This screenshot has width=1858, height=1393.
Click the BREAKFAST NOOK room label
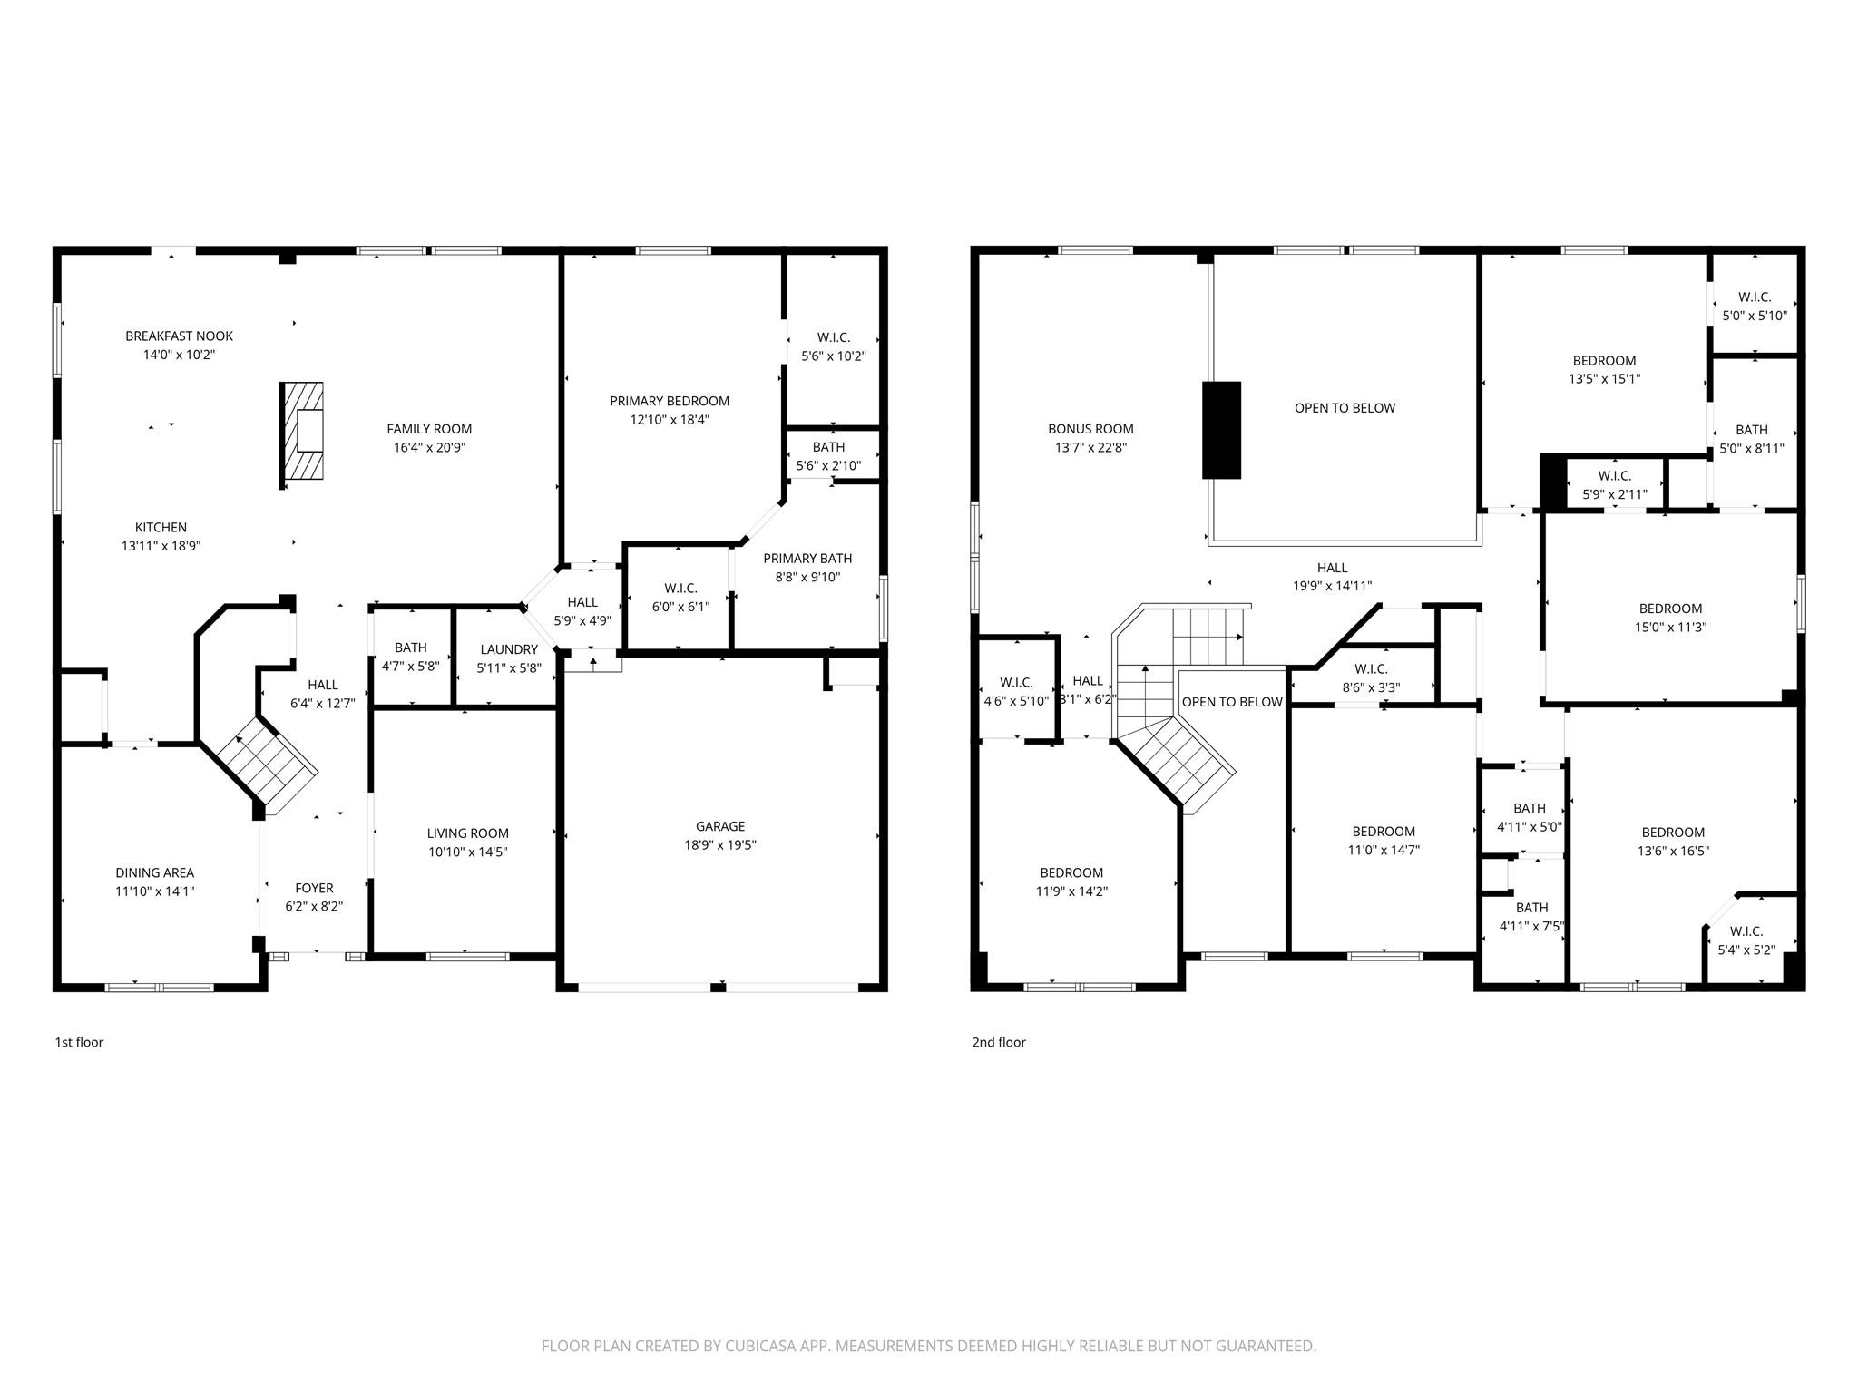point(179,336)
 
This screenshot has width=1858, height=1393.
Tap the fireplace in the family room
point(302,436)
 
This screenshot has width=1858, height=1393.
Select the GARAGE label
point(720,826)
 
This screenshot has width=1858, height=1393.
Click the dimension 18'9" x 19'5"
point(720,845)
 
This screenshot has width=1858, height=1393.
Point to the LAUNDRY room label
point(509,649)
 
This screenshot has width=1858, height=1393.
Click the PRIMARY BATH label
point(807,559)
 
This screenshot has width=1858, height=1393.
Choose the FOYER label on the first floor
point(314,888)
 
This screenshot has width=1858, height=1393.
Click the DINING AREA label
point(154,873)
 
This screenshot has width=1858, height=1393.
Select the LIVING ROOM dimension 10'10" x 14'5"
point(467,852)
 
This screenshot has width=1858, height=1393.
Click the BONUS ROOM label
point(1090,429)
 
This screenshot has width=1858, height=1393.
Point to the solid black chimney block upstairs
point(1221,430)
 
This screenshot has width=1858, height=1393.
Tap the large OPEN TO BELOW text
point(1345,408)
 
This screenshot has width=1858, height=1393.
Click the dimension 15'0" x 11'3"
point(1670,628)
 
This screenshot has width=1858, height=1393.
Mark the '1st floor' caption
point(79,1042)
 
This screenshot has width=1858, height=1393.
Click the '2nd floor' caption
point(998,1042)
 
